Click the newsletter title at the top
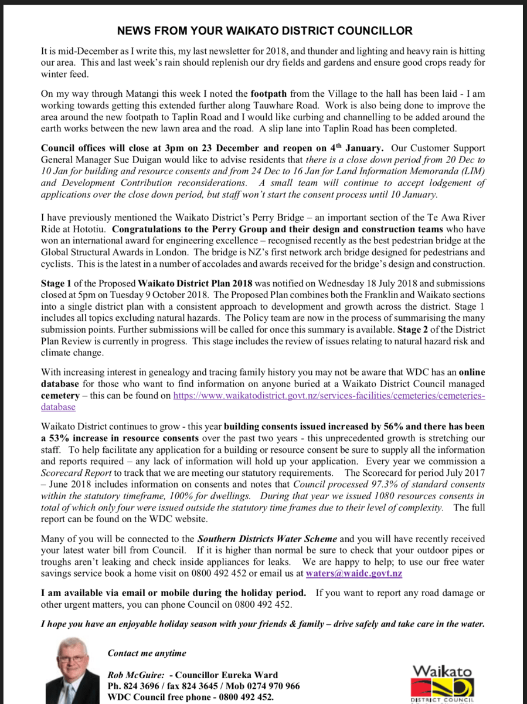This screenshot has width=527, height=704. pos(264,31)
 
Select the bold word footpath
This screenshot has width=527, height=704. pos(271,94)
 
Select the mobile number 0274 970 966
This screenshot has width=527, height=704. pos(268,686)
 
